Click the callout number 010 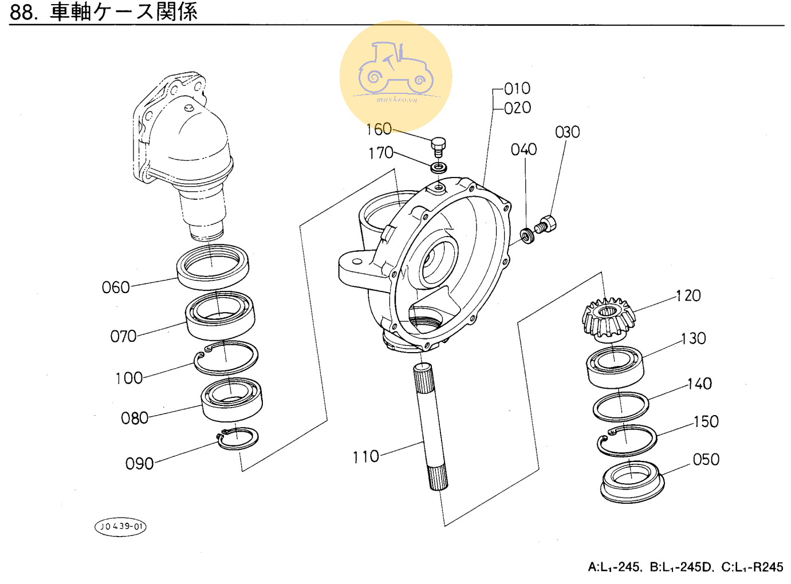(x=517, y=88)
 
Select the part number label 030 (x=567, y=132)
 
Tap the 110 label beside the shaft (x=365, y=457)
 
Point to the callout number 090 (x=139, y=464)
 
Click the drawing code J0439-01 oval (x=120, y=527)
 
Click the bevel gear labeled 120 (x=608, y=318)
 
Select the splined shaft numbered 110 (x=431, y=426)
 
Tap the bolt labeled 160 (x=438, y=147)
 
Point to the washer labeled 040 (x=527, y=236)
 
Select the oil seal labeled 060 (x=212, y=266)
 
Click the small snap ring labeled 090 (x=238, y=438)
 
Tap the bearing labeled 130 (x=615, y=367)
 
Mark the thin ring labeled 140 (x=621, y=406)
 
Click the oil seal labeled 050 (x=632, y=482)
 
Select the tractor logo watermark (x=395, y=76)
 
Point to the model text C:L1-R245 (x=752, y=567)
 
